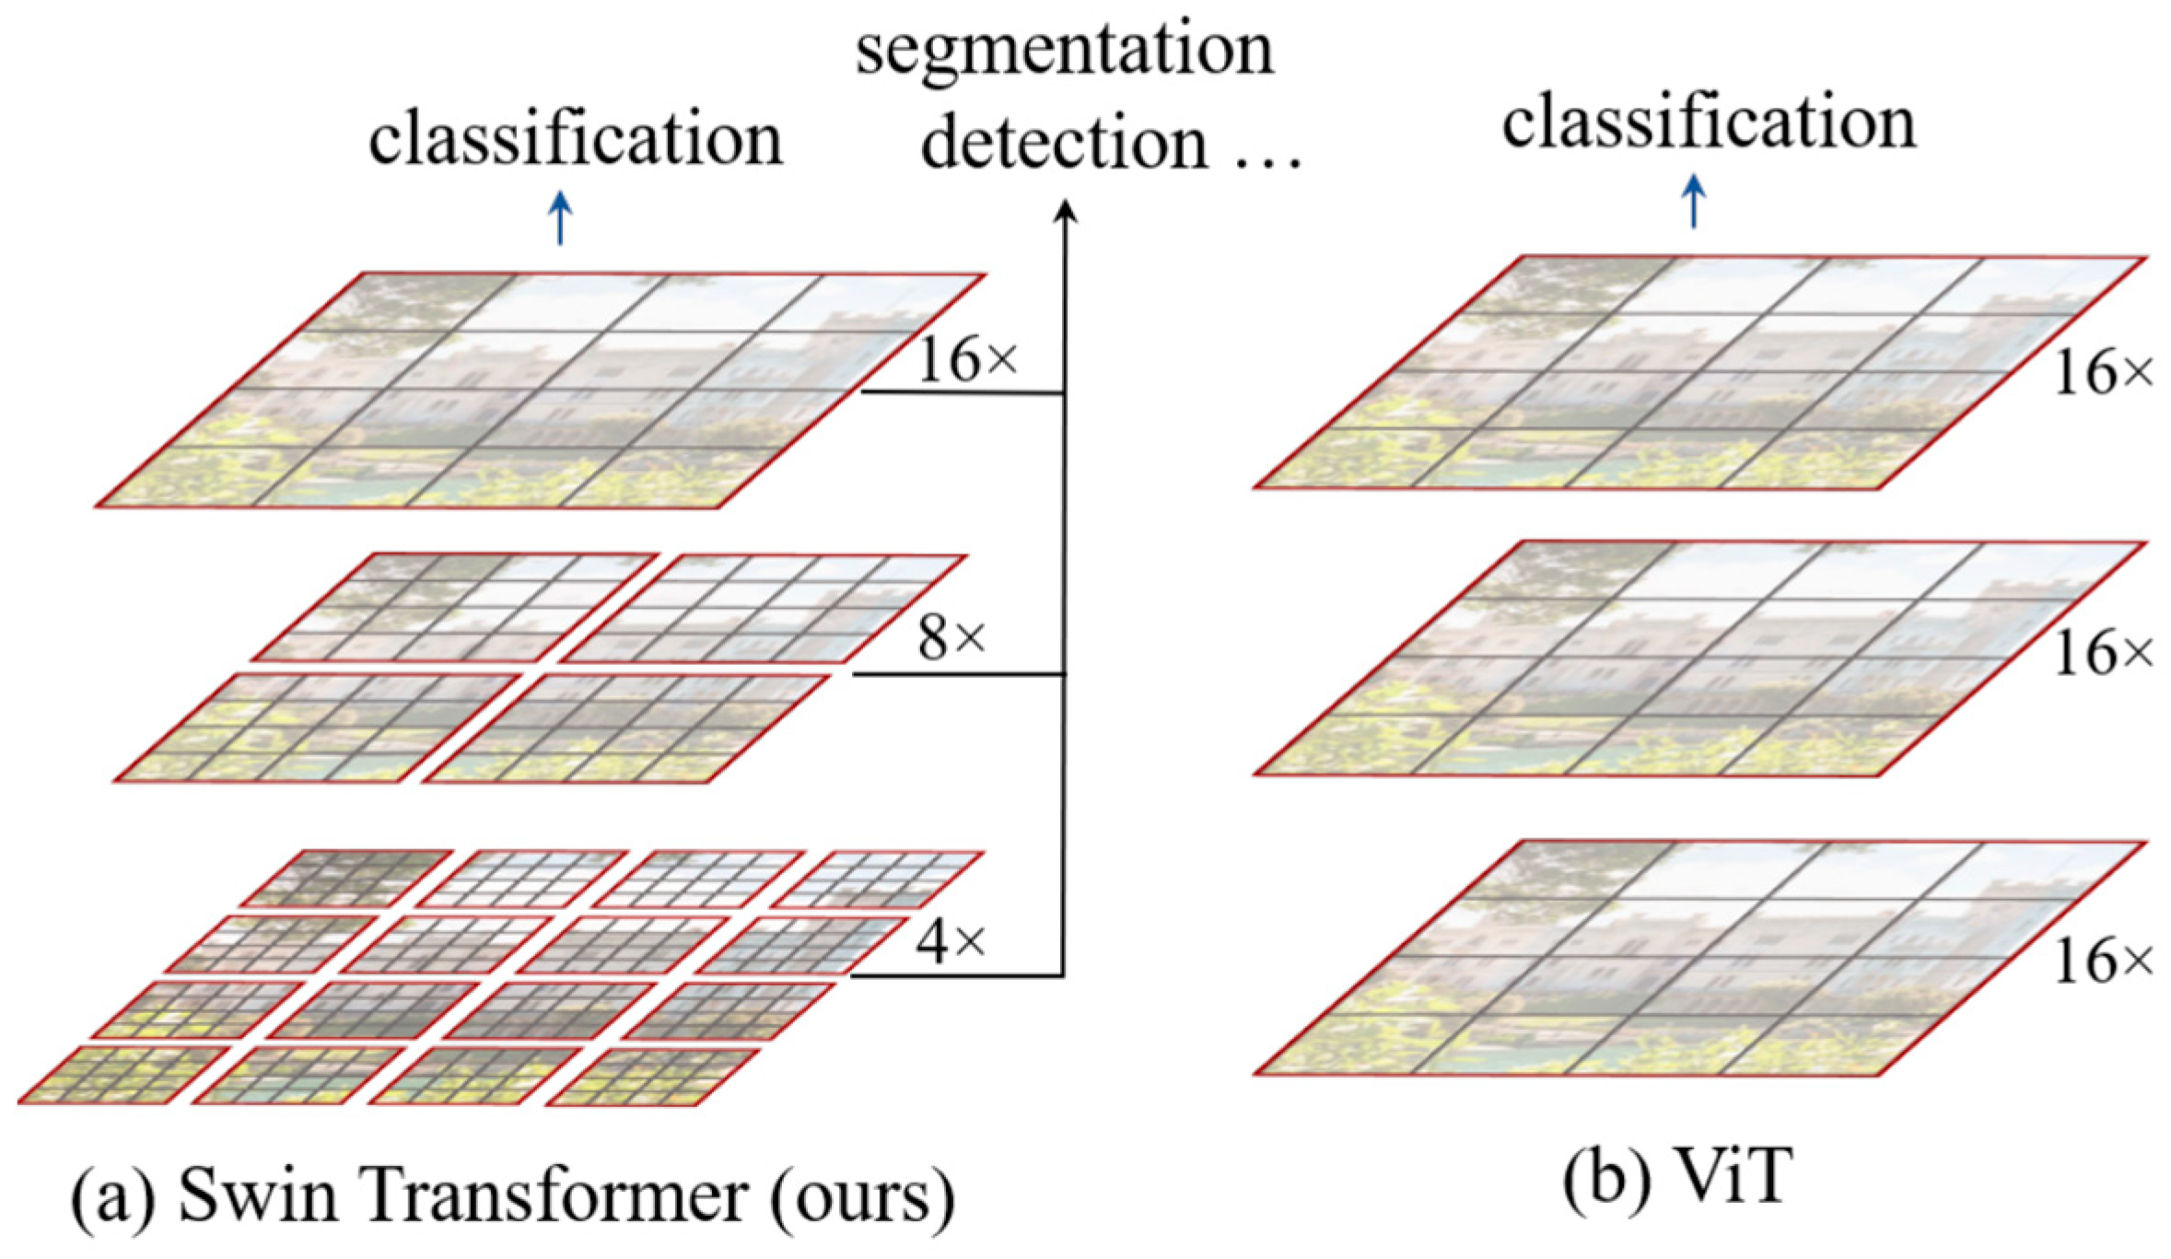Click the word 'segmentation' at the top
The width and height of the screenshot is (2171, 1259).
[x=1065, y=51]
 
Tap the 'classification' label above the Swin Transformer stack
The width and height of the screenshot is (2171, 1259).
[x=576, y=140]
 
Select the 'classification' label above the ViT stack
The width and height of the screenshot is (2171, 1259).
[x=1709, y=123]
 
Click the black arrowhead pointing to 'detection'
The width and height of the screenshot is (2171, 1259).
[x=1066, y=213]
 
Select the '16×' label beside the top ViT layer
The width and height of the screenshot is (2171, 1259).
[x=2104, y=373]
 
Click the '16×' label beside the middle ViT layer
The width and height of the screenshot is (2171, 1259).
[x=2104, y=654]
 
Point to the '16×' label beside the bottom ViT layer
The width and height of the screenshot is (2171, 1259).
[x=2104, y=962]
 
